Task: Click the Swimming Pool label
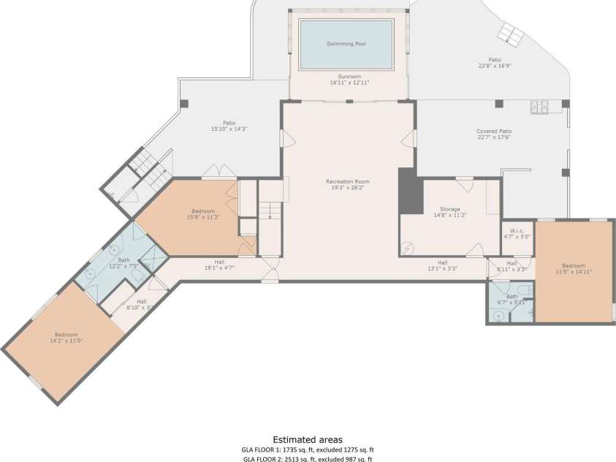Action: (x=346, y=44)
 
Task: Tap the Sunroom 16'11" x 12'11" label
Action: (x=349, y=80)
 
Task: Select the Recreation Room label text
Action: (x=347, y=184)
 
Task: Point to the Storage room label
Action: (x=449, y=212)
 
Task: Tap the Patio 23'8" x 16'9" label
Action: (x=495, y=63)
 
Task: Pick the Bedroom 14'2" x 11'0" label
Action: (x=66, y=338)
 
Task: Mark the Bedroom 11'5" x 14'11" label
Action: (x=573, y=268)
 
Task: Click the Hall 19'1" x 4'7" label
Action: (x=218, y=265)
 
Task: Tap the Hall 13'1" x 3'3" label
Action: (x=442, y=265)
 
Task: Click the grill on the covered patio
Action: (x=539, y=108)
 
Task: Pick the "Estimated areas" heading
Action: (x=308, y=440)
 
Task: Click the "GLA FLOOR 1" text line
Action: (x=308, y=450)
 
